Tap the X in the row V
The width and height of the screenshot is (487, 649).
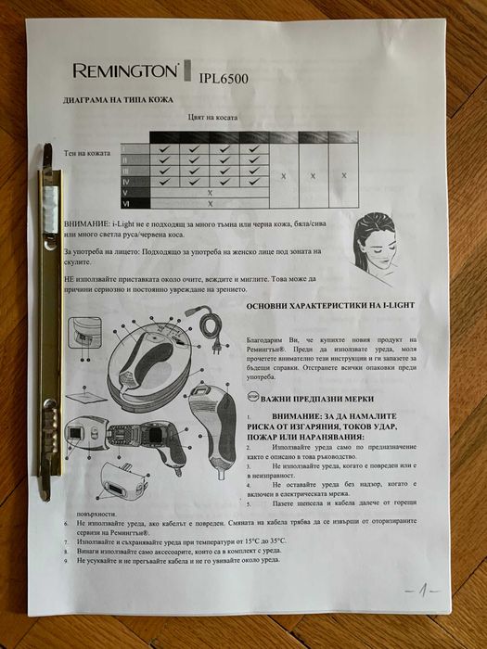point(211,192)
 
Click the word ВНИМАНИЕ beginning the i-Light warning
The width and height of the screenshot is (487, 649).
point(86,225)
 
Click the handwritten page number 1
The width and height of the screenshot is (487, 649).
point(423,589)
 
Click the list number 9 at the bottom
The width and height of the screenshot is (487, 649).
point(66,561)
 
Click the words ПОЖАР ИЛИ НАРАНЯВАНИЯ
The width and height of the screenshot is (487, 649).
point(307,437)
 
